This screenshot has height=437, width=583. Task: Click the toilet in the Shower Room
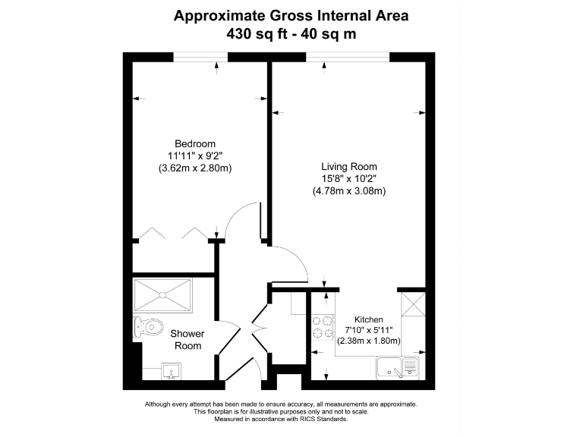point(148,328)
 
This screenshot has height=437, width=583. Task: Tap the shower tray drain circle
point(162,295)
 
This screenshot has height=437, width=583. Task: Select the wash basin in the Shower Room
point(171,371)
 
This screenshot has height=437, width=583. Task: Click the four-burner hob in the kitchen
point(323,327)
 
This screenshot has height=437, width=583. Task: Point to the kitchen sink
point(398,367)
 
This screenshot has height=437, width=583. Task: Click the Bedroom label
point(195,144)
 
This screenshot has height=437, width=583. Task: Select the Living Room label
point(349,166)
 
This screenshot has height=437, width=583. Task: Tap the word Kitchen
point(368,319)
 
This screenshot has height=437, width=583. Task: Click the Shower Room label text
point(188,340)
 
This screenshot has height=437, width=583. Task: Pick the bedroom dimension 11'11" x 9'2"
point(195,156)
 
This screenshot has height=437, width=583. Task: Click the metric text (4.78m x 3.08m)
point(349,191)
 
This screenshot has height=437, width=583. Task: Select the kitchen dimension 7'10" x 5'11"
point(368,330)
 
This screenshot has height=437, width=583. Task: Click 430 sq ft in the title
point(257,34)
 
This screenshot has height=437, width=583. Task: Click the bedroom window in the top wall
point(200,57)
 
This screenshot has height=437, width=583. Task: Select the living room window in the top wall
point(348,57)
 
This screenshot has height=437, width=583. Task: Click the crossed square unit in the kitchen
point(413,304)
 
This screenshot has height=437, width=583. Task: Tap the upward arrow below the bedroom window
point(217,68)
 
